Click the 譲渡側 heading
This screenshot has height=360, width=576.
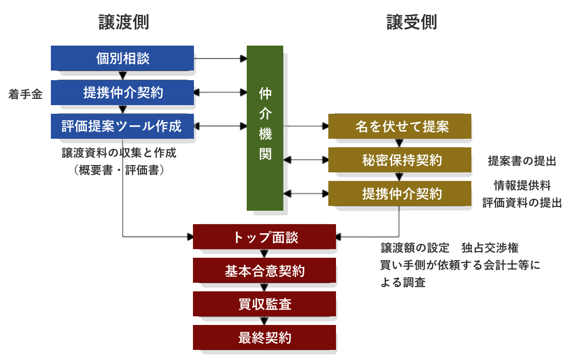[124, 22]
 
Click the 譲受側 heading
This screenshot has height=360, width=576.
[412, 22]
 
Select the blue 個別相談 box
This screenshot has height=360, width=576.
[122, 59]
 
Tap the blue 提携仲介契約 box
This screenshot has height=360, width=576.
[122, 93]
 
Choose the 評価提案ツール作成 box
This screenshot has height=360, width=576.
[122, 126]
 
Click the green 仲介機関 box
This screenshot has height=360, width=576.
[265, 128]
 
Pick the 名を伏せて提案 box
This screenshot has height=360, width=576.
[400, 127]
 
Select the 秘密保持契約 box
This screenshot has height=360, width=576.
[400, 160]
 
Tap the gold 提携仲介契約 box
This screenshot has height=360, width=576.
[400, 194]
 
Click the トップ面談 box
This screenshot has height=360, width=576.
[264, 237]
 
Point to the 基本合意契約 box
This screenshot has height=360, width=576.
[264, 271]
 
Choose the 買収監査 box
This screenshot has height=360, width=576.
[264, 304]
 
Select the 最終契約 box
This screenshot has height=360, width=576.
[264, 338]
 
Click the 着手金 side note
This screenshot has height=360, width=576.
[25, 95]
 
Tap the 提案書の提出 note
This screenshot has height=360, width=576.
[522, 161]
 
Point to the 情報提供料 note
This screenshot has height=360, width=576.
[522, 185]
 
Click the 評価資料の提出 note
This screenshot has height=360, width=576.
[522, 203]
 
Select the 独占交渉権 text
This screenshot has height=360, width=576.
[490, 248]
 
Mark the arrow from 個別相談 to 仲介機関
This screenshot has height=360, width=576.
[220, 59]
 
